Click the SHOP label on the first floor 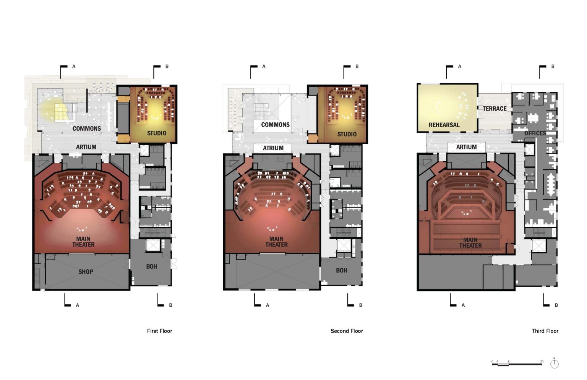click(86, 272)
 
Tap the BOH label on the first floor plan click(152, 266)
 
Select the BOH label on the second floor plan click(341, 270)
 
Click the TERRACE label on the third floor click(495, 109)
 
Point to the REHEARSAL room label click(444, 125)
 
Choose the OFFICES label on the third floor click(535, 133)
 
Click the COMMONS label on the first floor click(87, 128)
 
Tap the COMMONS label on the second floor click(276, 125)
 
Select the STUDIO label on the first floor click(157, 133)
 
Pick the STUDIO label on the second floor click(347, 134)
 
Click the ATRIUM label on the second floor click(273, 148)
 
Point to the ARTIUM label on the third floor click(467, 147)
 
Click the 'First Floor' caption click(160, 331)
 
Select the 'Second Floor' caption click(347, 331)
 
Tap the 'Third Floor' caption click(545, 331)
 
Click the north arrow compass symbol click(554, 364)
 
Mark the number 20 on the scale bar click(542, 361)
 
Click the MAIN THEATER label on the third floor click(470, 243)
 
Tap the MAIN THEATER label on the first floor click(83, 242)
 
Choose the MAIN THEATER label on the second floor click(276, 242)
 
